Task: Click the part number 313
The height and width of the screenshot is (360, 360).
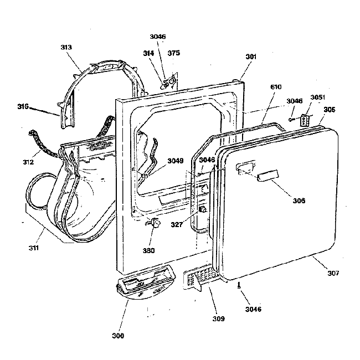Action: pyautogui.click(x=66, y=48)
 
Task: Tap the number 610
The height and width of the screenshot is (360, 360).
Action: pyautogui.click(x=275, y=88)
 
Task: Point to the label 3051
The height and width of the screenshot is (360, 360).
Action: pyautogui.click(x=318, y=98)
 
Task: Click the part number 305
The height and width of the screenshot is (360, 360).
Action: pyautogui.click(x=330, y=109)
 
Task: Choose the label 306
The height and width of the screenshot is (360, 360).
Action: pyautogui.click(x=299, y=200)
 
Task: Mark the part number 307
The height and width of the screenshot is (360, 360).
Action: pyautogui.click(x=333, y=273)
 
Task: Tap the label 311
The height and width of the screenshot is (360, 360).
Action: pyautogui.click(x=34, y=248)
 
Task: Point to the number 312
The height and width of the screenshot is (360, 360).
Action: pyautogui.click(x=28, y=162)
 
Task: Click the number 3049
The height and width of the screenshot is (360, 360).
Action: pyautogui.click(x=176, y=161)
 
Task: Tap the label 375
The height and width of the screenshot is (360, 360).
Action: pyautogui.click(x=174, y=53)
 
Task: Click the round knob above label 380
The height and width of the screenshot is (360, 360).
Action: pyautogui.click(x=153, y=224)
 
